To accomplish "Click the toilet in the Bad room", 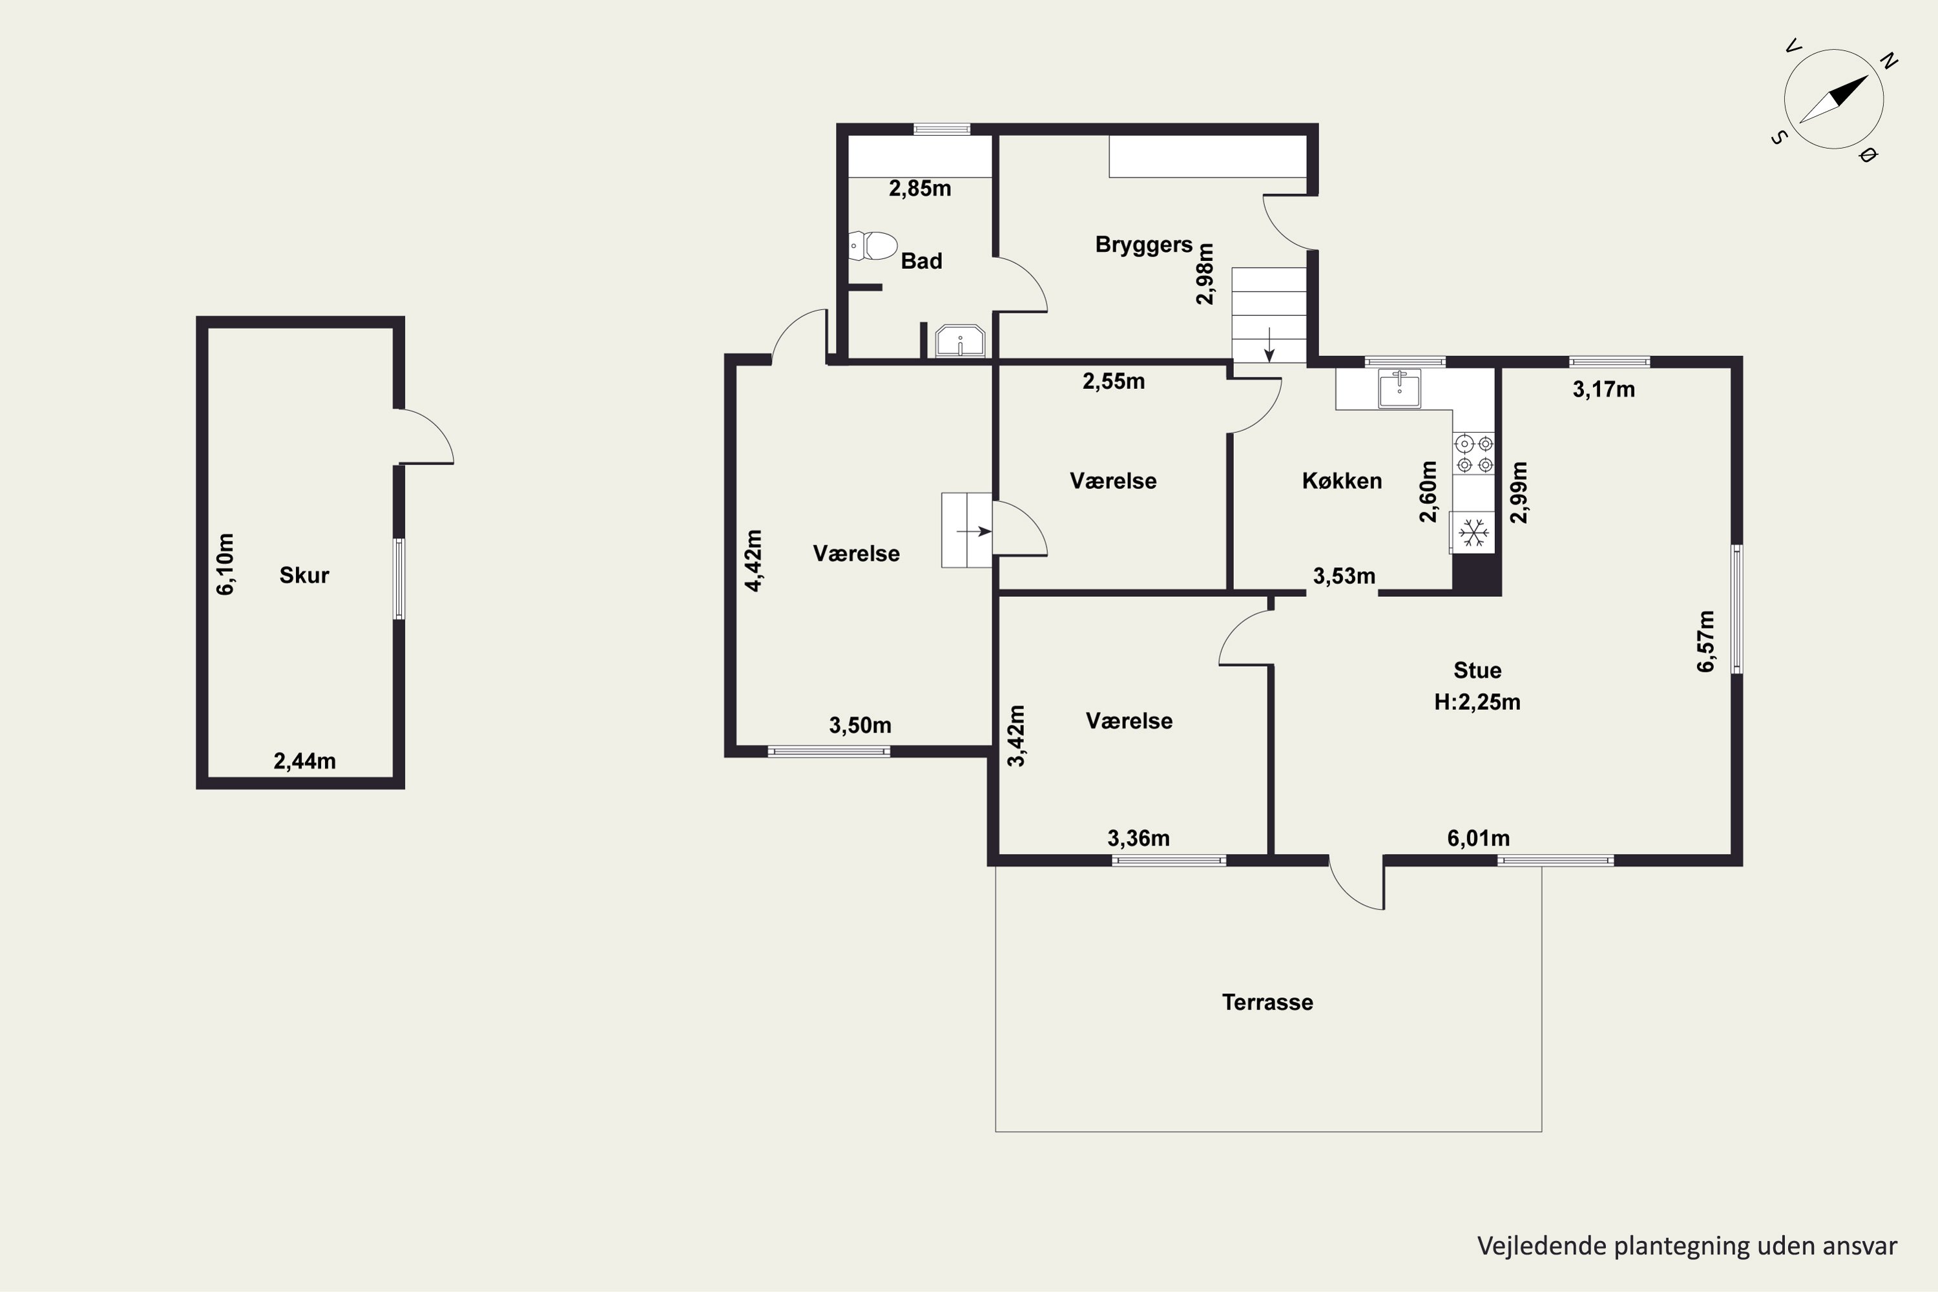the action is pos(873,245).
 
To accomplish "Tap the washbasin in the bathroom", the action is pos(960,341).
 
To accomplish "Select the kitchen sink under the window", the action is pos(1399,389).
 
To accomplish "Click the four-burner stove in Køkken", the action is pos(1474,454).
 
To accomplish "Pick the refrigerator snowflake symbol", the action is pos(1474,532).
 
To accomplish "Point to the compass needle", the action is pos(1833,99).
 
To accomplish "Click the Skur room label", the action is pos(304,575).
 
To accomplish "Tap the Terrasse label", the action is pos(1267,1002).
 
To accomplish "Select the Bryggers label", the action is pos(1143,245).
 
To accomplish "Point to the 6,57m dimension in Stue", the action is pos(1705,641).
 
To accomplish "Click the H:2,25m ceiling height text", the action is pos(1477,702).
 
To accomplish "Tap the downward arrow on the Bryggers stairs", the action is pos(1270,344).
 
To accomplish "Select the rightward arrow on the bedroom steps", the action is pos(974,532).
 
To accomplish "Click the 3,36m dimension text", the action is pos(1138,839).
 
